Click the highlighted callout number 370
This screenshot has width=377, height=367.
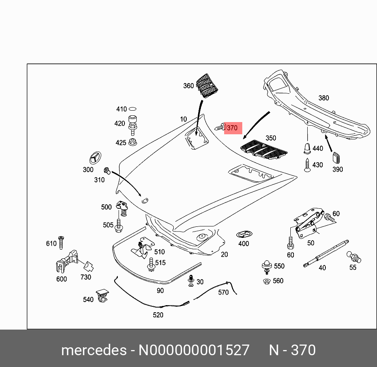pos(232,128)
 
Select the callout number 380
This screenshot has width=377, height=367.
pos(323,98)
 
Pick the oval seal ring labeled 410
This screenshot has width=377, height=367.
pos(133,109)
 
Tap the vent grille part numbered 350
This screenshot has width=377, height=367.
pos(264,149)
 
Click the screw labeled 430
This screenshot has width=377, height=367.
pos(307,164)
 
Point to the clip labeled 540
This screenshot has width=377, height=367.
pos(103,295)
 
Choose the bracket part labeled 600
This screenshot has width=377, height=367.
pos(65,261)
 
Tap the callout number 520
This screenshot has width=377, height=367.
pos(158,315)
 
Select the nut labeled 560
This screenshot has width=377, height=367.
pos(267,281)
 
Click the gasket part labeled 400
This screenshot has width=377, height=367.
pos(243,235)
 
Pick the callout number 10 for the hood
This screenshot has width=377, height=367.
pos(184,119)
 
